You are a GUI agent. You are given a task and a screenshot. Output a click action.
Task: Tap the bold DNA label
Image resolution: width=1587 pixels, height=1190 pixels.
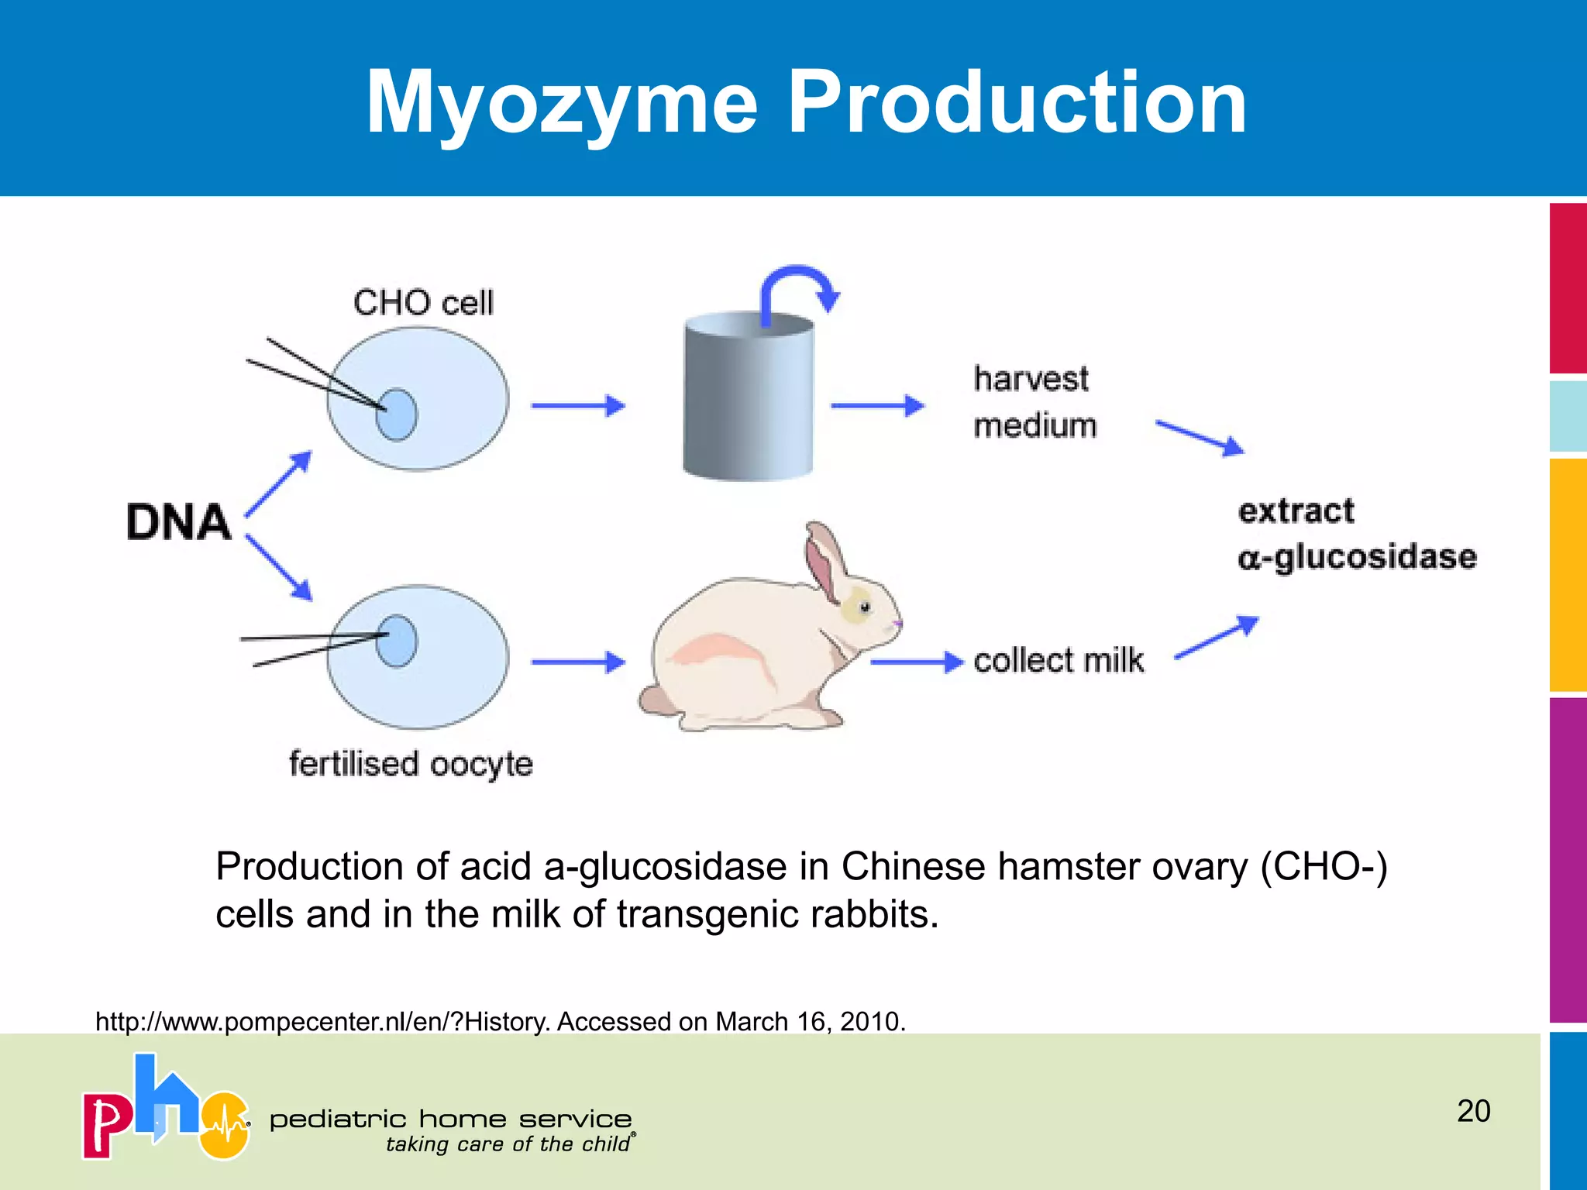click(178, 521)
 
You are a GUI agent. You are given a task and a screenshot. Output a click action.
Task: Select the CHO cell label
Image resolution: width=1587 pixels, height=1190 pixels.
click(423, 302)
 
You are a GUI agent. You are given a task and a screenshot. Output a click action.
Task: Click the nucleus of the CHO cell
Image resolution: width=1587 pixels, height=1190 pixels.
click(397, 414)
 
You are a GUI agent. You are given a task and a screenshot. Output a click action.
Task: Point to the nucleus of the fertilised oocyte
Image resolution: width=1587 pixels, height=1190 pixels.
click(397, 641)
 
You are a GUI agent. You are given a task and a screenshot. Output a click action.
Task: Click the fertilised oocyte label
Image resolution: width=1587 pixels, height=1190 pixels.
click(411, 764)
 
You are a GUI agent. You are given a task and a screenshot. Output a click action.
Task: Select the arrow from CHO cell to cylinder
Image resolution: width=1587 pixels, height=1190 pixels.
click(578, 405)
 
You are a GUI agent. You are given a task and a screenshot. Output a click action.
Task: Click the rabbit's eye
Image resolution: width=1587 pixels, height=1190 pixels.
click(865, 607)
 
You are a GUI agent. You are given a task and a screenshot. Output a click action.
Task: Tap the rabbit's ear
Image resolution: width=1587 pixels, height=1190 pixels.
click(824, 558)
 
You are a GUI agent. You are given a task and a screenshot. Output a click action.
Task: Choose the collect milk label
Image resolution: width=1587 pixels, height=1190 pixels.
click(1059, 661)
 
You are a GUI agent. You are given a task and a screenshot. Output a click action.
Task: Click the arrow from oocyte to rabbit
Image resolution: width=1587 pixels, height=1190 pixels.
click(578, 662)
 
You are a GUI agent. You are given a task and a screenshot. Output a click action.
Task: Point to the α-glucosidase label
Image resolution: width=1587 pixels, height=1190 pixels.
click(1357, 557)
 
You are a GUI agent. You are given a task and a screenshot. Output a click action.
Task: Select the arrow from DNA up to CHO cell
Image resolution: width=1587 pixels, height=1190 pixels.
click(279, 484)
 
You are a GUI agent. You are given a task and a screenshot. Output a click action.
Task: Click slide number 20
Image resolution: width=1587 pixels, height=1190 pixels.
click(1473, 1111)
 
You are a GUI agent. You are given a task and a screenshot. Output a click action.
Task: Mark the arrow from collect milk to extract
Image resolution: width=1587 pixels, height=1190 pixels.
click(1217, 637)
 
